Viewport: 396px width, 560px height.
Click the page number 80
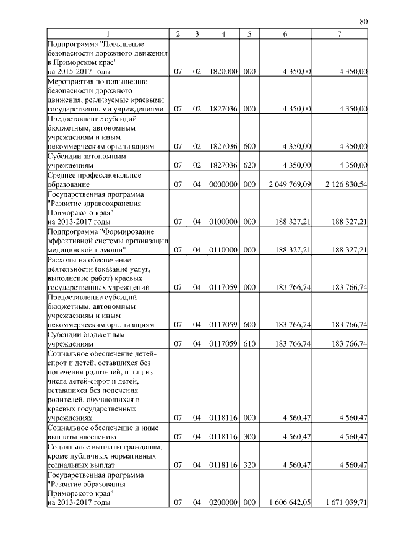(x=364, y=22)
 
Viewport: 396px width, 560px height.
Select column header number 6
(x=285, y=33)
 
